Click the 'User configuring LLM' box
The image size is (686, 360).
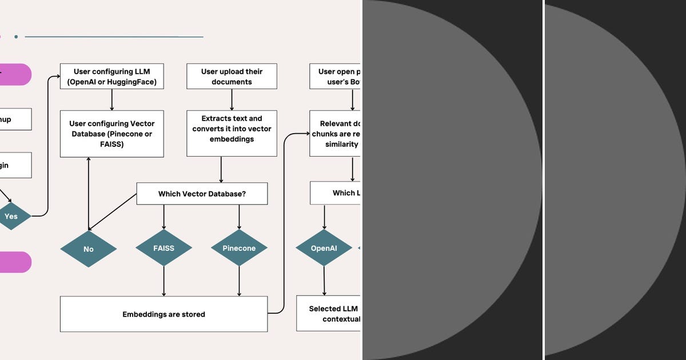[x=111, y=76]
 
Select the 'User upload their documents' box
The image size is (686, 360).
[x=232, y=76]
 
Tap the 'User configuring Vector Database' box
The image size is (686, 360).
[x=111, y=134]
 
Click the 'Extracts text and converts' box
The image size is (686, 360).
[x=232, y=133]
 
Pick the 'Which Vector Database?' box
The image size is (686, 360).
[x=202, y=194]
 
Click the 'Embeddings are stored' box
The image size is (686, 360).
[x=163, y=314]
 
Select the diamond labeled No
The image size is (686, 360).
[x=89, y=249]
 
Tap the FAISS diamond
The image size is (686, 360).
[x=163, y=249]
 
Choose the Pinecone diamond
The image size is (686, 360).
[x=239, y=249]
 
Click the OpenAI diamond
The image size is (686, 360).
[x=324, y=249]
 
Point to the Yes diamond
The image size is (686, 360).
[x=11, y=217]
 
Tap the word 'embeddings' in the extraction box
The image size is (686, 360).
[x=232, y=139]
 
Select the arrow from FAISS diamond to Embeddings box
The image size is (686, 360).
[x=164, y=281]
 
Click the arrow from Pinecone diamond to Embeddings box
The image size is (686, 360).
[x=239, y=281]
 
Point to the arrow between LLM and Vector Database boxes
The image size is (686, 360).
[x=111, y=99]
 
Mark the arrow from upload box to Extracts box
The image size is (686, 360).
[x=232, y=99]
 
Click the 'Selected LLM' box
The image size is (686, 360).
[x=329, y=313]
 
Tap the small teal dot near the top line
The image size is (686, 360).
[x=16, y=37]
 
